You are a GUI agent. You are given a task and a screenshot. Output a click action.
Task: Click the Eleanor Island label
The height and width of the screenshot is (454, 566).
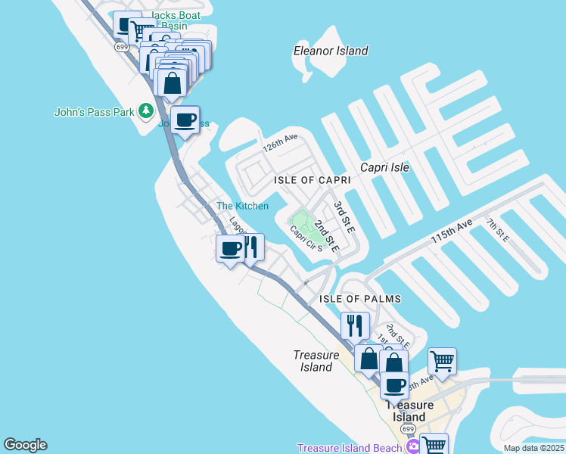331,51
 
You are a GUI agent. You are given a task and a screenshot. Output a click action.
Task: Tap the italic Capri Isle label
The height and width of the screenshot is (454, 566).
385,167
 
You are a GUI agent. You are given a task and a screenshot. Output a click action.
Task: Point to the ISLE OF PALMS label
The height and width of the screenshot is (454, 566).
360,300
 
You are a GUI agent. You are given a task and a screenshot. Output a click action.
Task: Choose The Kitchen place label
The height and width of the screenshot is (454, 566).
242,206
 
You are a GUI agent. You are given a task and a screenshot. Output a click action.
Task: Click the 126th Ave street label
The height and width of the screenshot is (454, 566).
280,142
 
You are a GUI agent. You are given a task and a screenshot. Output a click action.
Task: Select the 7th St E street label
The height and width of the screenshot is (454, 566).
497,229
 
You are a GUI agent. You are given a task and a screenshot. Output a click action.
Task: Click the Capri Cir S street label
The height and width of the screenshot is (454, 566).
306,238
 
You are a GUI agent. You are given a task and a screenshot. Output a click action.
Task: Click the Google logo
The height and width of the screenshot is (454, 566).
25,445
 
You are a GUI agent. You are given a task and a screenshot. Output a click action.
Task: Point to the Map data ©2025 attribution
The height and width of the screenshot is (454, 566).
533,448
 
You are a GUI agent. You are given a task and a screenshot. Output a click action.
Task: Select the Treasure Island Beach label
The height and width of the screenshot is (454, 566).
349,448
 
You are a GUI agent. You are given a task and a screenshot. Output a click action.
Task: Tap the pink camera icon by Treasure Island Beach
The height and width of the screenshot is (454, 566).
413,447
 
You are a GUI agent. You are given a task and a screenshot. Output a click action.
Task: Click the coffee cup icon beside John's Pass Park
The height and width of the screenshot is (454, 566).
185,120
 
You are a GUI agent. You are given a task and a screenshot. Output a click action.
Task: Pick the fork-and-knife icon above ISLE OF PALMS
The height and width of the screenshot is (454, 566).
355,325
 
